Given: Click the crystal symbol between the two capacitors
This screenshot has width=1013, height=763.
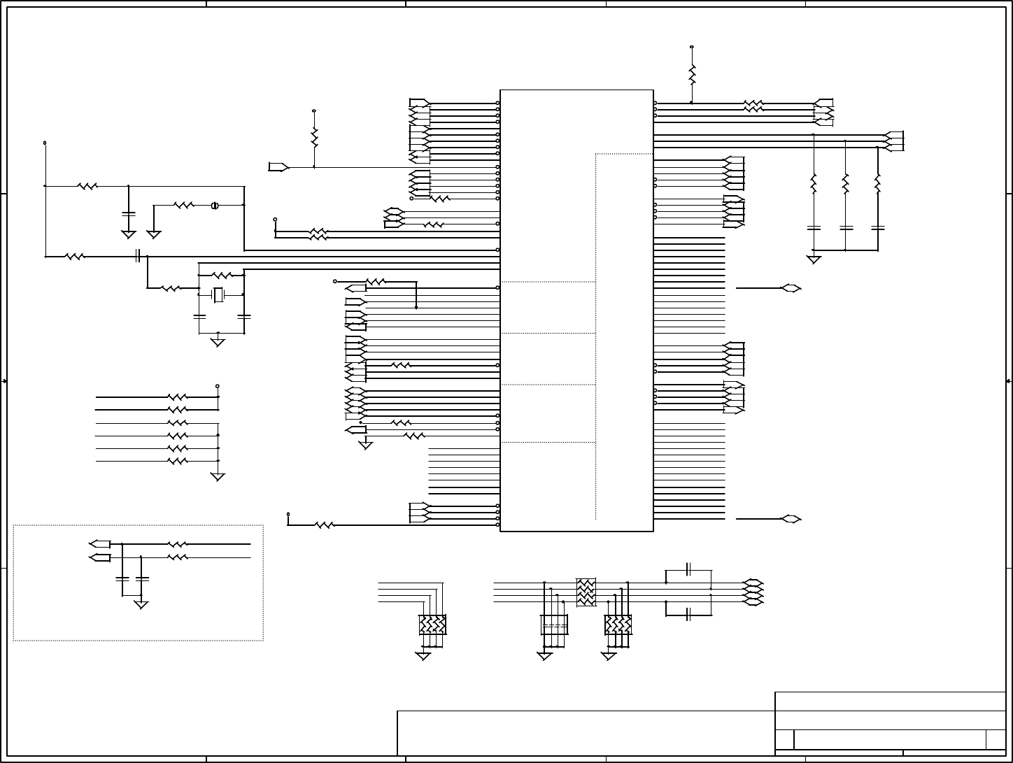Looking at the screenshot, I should click(218, 294).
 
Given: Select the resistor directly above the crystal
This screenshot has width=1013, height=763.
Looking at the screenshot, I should click(222, 276).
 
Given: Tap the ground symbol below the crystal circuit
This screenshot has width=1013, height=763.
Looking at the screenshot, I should click(218, 341).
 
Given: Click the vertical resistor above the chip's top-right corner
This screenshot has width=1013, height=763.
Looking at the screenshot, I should click(692, 75).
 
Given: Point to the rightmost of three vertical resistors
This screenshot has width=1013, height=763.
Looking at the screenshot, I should click(877, 184).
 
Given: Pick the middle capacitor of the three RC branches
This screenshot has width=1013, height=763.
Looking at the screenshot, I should click(846, 228).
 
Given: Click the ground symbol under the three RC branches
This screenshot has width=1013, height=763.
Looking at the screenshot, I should click(814, 259).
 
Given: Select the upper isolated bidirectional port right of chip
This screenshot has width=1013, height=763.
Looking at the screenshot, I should click(791, 288).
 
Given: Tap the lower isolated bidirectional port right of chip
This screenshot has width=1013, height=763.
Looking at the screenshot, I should click(791, 519).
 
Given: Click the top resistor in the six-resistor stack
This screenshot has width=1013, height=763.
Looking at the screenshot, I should click(178, 397).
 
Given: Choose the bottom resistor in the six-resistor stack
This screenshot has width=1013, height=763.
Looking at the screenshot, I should click(178, 461).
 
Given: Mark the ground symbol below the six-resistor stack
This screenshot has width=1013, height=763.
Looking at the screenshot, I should click(218, 477).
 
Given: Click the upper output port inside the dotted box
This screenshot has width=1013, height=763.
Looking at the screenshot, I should click(100, 544).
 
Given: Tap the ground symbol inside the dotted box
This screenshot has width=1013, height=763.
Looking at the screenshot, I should click(141, 604).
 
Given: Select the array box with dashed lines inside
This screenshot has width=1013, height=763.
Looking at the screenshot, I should click(554, 625).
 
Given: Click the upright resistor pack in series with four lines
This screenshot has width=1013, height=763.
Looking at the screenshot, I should click(586, 592).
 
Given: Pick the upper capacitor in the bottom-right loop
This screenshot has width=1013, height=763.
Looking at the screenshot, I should click(688, 571).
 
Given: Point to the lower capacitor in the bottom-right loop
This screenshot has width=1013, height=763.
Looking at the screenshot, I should click(688, 613).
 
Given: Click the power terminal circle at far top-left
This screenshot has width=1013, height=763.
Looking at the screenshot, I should click(45, 143).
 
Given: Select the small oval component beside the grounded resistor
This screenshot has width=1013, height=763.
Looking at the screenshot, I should click(215, 206).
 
